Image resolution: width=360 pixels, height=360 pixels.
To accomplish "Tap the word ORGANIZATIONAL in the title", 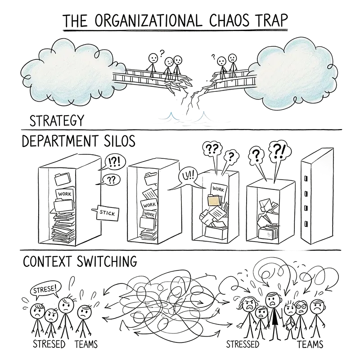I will click(x=144, y=21).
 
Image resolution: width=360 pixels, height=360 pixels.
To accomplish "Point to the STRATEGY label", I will click(x=56, y=121).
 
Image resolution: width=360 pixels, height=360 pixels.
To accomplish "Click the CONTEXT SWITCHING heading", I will click(x=79, y=261).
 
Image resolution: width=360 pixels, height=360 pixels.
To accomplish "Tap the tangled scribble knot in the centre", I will click(x=173, y=299).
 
